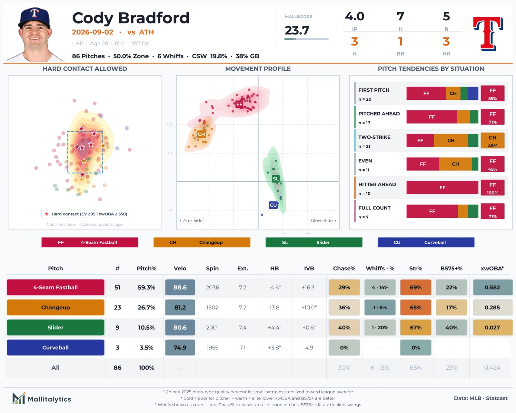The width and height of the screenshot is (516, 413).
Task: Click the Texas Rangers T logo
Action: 488,34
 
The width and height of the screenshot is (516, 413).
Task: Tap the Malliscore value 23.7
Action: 297,30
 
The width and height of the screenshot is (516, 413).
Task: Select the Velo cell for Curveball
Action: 180,347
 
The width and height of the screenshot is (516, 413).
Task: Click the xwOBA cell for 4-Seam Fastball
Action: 492,287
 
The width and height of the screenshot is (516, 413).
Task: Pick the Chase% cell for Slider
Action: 344,327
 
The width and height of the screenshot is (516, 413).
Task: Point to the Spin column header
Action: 212,268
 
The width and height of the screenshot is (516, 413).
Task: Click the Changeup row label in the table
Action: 55,307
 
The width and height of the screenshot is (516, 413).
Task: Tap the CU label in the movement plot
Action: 273,205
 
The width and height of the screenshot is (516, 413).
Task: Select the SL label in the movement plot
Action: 276,178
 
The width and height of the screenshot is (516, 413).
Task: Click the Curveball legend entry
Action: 426,242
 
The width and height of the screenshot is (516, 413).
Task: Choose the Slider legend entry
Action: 314,242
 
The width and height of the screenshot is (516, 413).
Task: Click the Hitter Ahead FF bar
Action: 442,187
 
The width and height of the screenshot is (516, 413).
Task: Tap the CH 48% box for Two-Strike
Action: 492,141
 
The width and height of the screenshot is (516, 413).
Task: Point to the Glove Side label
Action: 323,220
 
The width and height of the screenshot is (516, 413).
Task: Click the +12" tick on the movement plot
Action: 170,124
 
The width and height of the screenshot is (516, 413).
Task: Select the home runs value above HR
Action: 446,42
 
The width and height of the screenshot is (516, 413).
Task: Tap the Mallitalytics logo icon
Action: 19,398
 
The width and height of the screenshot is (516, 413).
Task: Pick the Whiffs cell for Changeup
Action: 380,307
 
